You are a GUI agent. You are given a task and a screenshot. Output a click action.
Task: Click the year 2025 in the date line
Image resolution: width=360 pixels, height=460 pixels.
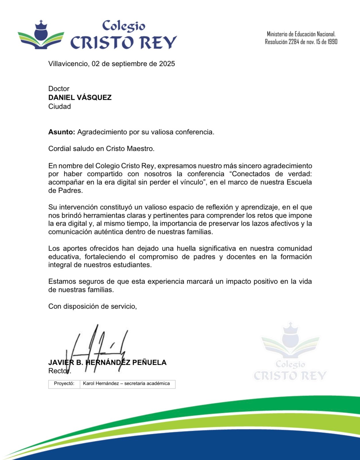point(167,64)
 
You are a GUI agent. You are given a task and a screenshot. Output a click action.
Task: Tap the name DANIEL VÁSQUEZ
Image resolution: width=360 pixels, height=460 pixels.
point(80,98)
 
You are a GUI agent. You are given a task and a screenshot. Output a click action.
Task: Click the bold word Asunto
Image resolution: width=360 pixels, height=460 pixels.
point(61,132)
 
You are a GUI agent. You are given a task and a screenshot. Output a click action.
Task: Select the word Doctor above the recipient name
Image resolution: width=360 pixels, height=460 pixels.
point(59,89)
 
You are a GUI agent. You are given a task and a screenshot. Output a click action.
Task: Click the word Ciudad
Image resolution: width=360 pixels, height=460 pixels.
point(59,106)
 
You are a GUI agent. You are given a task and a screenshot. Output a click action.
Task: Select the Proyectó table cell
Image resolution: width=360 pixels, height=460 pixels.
point(64,384)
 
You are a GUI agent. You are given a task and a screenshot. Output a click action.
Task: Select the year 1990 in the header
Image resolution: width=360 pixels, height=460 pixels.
point(332,42)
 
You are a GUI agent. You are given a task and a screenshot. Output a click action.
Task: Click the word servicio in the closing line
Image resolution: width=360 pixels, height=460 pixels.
point(123,306)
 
